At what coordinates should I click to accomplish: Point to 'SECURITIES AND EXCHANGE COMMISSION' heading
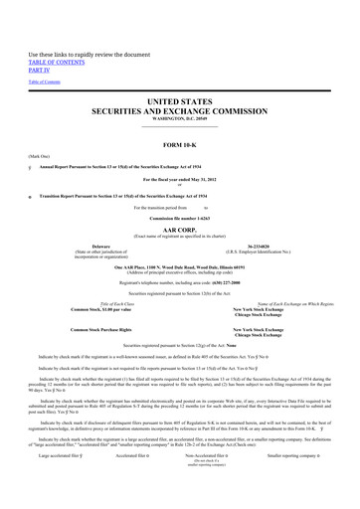(179, 111)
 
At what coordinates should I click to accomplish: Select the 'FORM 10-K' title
(179, 145)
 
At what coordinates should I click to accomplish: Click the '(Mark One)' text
(39, 157)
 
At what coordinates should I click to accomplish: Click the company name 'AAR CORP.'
(179, 228)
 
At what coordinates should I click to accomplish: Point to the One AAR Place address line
(179, 267)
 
